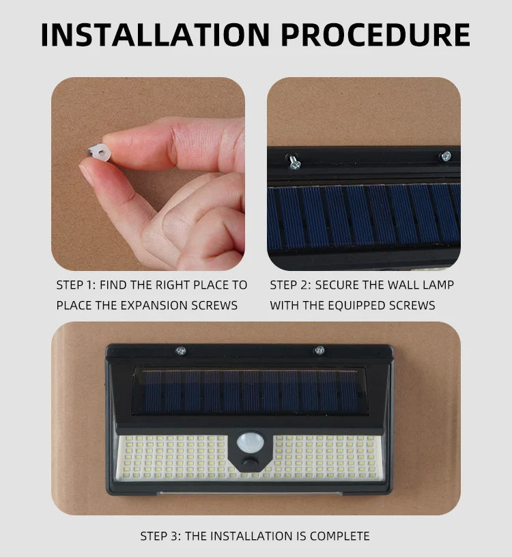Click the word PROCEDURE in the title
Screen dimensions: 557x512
click(374, 35)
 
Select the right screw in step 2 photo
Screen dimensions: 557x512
click(445, 156)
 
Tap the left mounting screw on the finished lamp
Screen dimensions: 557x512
click(181, 351)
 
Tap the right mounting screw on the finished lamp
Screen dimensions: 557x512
click(319, 351)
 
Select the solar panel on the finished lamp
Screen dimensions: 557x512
click(250, 392)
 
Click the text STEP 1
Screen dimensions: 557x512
click(74, 285)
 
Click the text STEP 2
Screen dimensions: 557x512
click(288, 285)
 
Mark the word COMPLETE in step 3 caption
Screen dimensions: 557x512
click(339, 537)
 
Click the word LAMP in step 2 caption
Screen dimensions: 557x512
click(438, 285)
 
